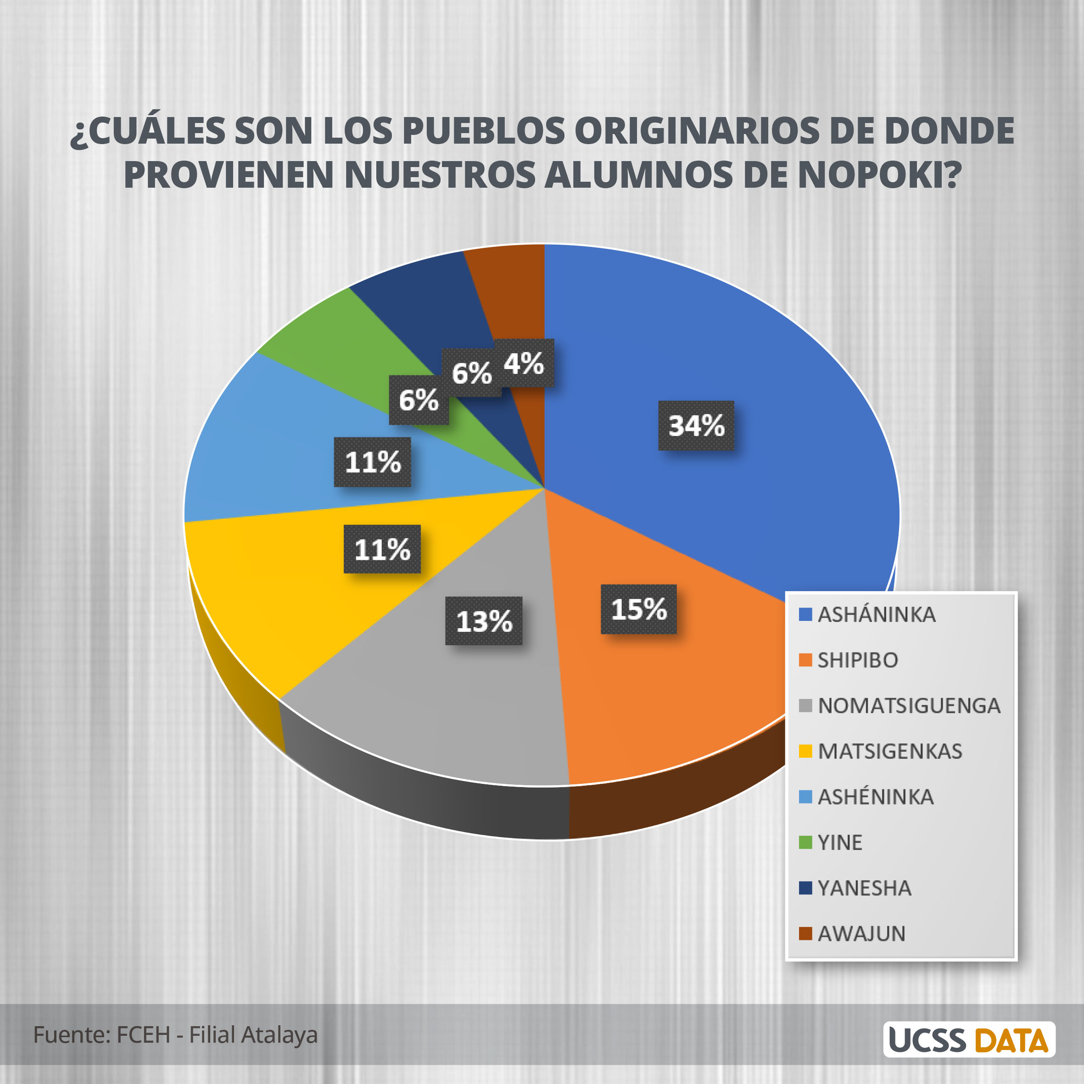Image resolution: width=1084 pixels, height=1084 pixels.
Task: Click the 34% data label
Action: (696, 425)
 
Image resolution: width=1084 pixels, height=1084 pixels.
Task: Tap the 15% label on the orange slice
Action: (638, 609)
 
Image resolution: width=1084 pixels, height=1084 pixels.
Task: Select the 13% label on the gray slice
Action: (484, 621)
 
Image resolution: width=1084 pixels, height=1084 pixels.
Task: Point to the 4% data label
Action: (524, 363)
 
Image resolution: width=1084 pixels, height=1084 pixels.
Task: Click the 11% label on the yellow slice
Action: (382, 549)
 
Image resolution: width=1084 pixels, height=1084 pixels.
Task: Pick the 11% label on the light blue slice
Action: (373, 462)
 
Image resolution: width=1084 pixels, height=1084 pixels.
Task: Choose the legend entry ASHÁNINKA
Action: (877, 615)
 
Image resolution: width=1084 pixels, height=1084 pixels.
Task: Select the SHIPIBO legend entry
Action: (857, 660)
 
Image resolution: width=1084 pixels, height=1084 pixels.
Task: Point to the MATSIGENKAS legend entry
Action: (889, 751)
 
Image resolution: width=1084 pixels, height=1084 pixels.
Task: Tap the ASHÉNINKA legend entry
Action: (875, 797)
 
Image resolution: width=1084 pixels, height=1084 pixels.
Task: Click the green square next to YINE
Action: (805, 842)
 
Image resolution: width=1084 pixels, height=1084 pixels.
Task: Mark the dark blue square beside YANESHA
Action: (805, 888)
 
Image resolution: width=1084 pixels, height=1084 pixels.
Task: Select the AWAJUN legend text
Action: (861, 933)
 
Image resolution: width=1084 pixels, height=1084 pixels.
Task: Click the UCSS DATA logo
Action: (969, 1039)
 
